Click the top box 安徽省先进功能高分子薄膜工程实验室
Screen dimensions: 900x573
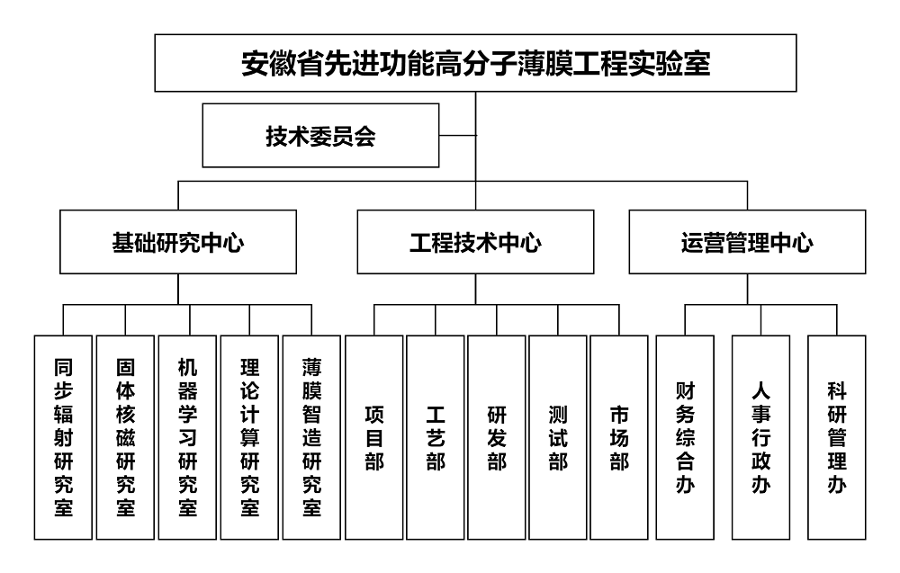pyautogui.click(x=475, y=63)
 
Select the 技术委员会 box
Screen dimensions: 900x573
pyautogui.click(x=321, y=135)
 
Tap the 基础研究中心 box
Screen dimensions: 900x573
pyautogui.click(x=178, y=241)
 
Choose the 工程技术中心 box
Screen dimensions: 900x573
pyautogui.click(x=475, y=241)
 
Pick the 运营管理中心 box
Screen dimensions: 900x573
pyautogui.click(x=747, y=241)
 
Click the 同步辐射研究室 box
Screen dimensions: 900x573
pyautogui.click(x=63, y=437)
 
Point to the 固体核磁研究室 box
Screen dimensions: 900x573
pyautogui.click(x=125, y=437)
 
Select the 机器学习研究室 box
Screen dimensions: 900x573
pyautogui.click(x=187, y=437)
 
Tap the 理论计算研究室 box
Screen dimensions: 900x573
pyautogui.click(x=249, y=437)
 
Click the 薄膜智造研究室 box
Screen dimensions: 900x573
pyautogui.click(x=311, y=437)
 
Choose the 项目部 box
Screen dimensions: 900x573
pyautogui.click(x=374, y=437)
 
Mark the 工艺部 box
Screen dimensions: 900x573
pyautogui.click(x=435, y=437)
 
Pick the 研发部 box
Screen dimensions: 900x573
pyautogui.click(x=497, y=437)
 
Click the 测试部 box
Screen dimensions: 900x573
pyautogui.click(x=558, y=437)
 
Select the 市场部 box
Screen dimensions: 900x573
pyautogui.click(x=619, y=437)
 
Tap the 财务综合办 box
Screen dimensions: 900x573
pyautogui.click(x=685, y=437)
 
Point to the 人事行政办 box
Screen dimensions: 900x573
pyautogui.click(x=761, y=437)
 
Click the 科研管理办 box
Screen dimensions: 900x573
pyautogui.click(x=837, y=437)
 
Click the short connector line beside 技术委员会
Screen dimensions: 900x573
pyautogui.click(x=457, y=135)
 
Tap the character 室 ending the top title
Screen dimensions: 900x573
pyautogui.click(x=697, y=63)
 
